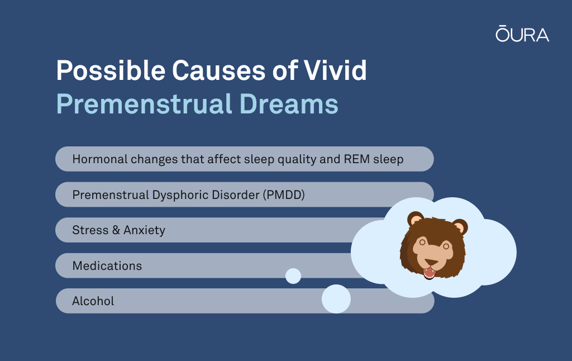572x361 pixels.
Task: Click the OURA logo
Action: point(522,34)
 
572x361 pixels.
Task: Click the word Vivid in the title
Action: point(335,70)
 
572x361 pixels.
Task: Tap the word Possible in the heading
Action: point(111,70)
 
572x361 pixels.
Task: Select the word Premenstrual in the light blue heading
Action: point(144,104)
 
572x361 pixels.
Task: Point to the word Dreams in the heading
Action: point(289,104)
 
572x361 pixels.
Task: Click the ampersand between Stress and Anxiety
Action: point(116,230)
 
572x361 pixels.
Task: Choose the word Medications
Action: point(107,265)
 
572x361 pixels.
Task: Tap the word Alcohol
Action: point(93,301)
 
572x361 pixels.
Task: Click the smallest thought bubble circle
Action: point(293,276)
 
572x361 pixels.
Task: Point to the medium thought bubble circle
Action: point(336,299)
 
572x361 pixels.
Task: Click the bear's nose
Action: point(432,263)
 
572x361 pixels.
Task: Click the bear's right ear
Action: point(460,226)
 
